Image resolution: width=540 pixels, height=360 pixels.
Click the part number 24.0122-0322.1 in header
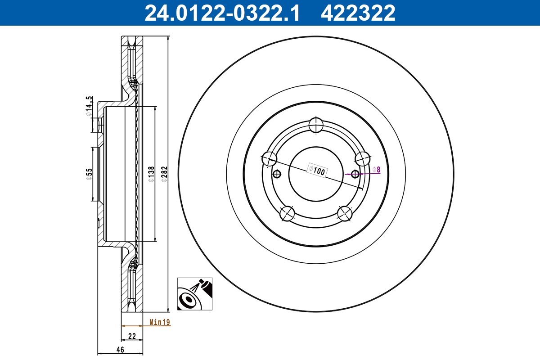pyautogui.click(x=221, y=13)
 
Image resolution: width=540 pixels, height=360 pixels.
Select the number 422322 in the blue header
pyautogui.click(x=358, y=13)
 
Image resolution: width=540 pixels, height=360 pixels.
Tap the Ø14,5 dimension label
pyautogui.click(x=89, y=106)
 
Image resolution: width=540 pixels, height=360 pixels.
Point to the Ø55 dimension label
pyautogui.click(x=89, y=174)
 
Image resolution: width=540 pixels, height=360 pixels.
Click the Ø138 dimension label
pyautogui.click(x=151, y=174)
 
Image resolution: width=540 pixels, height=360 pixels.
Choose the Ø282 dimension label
pyautogui.click(x=164, y=174)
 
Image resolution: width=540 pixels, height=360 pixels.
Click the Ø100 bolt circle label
pyautogui.click(x=317, y=170)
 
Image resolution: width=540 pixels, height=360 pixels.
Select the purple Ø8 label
pyautogui.click(x=377, y=170)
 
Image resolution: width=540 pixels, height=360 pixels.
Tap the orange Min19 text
pyautogui.click(x=159, y=322)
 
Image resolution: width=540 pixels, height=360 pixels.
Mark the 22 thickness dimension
pyautogui.click(x=132, y=336)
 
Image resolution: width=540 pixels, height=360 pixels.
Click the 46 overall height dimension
pyautogui.click(x=120, y=349)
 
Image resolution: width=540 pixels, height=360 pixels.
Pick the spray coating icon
pyautogui.click(x=194, y=294)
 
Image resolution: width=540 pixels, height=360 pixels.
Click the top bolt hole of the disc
pyautogui.click(x=316, y=125)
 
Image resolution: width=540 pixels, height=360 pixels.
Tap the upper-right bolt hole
pyautogui.click(x=362, y=158)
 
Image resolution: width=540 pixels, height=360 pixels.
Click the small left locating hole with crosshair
pyautogui.click(x=277, y=174)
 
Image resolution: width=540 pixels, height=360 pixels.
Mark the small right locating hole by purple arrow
pyautogui.click(x=355, y=174)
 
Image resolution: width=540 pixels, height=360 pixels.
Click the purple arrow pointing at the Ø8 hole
pyautogui.click(x=349, y=174)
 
